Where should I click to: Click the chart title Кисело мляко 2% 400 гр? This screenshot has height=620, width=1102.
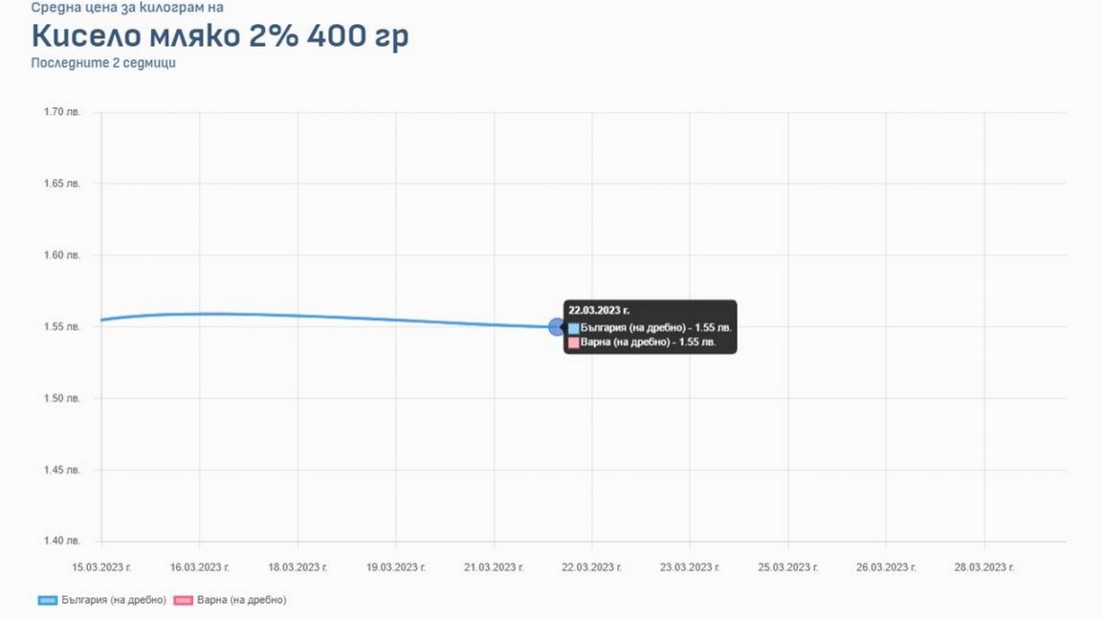click(x=221, y=36)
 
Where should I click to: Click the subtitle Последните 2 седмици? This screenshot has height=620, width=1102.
click(x=103, y=63)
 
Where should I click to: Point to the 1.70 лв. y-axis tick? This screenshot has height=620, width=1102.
click(x=62, y=112)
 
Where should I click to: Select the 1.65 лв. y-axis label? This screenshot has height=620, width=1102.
click(x=62, y=183)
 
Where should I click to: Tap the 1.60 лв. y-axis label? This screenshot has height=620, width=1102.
click(x=62, y=255)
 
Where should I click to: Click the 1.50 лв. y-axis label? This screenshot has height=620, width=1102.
click(x=62, y=398)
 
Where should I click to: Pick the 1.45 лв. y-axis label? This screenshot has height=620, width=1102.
click(x=62, y=470)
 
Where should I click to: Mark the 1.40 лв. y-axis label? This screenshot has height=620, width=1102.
click(x=62, y=542)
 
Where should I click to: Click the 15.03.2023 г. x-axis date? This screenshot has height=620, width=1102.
click(x=102, y=567)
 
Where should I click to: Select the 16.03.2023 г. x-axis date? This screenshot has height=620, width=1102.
click(x=200, y=567)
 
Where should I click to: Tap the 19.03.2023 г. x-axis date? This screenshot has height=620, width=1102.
click(x=396, y=567)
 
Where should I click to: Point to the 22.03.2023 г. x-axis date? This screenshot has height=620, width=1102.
click(x=592, y=567)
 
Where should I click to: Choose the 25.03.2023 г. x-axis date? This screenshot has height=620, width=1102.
click(x=788, y=567)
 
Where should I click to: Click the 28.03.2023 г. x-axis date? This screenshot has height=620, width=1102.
click(x=984, y=567)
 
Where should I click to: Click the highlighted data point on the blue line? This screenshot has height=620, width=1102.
click(x=558, y=327)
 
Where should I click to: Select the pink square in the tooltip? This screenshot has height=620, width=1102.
click(x=574, y=343)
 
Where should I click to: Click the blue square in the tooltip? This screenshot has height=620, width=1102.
click(x=574, y=328)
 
